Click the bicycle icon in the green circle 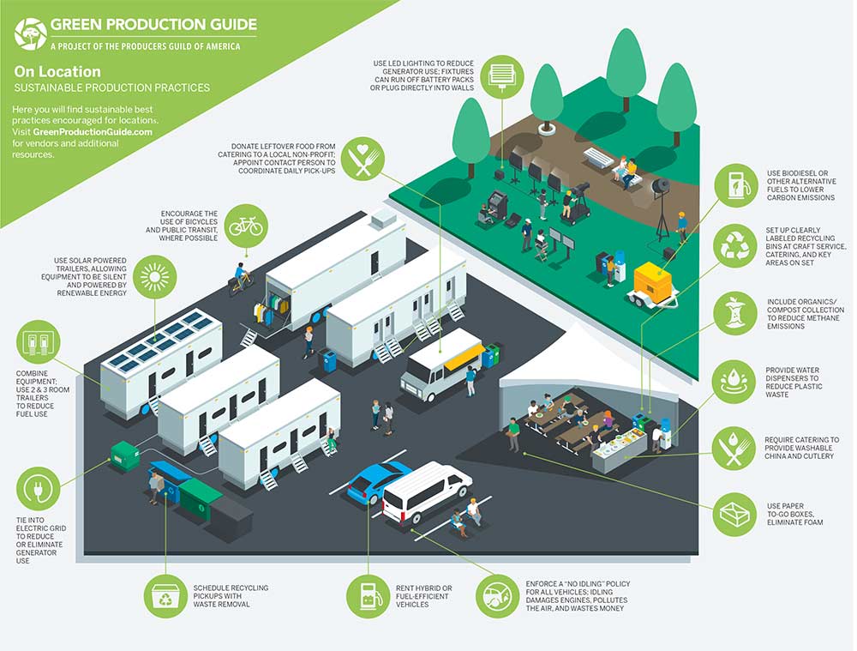[246, 226]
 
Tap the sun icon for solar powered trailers [155, 276]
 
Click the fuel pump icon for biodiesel [735, 184]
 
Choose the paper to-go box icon [735, 514]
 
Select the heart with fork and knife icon [363, 160]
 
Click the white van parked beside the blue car [426, 491]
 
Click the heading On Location [57, 72]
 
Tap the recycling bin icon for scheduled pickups [165, 596]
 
